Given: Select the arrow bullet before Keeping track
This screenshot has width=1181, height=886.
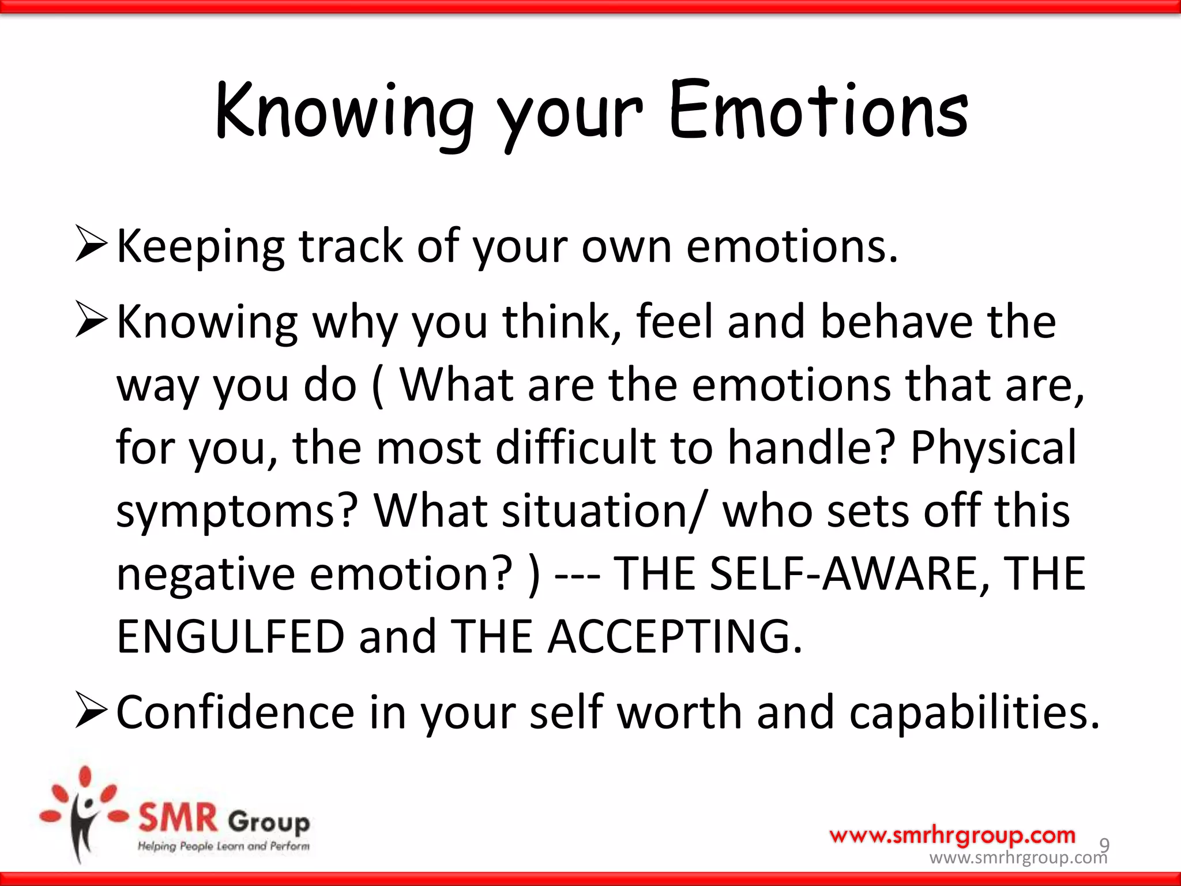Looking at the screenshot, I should pos(91,245).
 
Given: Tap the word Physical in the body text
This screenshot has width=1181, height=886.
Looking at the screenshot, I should pos(993,448).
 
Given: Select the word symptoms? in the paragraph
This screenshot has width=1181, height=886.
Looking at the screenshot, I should pos(237,512).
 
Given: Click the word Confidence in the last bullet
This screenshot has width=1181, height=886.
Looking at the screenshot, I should pos(235,712).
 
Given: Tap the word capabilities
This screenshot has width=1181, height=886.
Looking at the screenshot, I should pos(975,714).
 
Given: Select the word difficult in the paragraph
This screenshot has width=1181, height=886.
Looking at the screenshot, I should pos(575,448).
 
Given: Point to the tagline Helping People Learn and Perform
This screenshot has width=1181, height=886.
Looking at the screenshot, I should pos(223,846).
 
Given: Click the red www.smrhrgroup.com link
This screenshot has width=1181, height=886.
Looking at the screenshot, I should pos(952,835).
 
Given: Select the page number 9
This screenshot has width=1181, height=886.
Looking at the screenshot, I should pos(1104,844).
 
